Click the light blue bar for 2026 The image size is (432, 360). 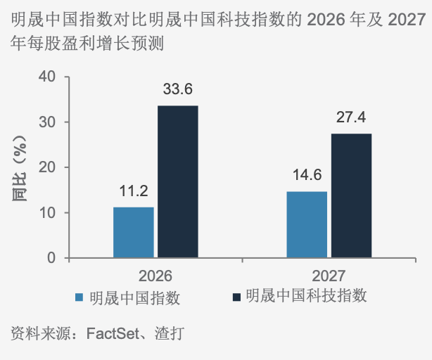point(133,232)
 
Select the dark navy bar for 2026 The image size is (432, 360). point(177,181)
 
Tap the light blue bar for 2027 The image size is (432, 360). point(307,224)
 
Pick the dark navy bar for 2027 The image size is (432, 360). point(351,195)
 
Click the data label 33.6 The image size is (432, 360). point(177,89)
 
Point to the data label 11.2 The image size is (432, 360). point(133,191)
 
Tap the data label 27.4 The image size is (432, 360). point(351,117)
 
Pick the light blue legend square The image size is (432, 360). point(80,297)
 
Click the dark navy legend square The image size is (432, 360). point(236,297)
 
